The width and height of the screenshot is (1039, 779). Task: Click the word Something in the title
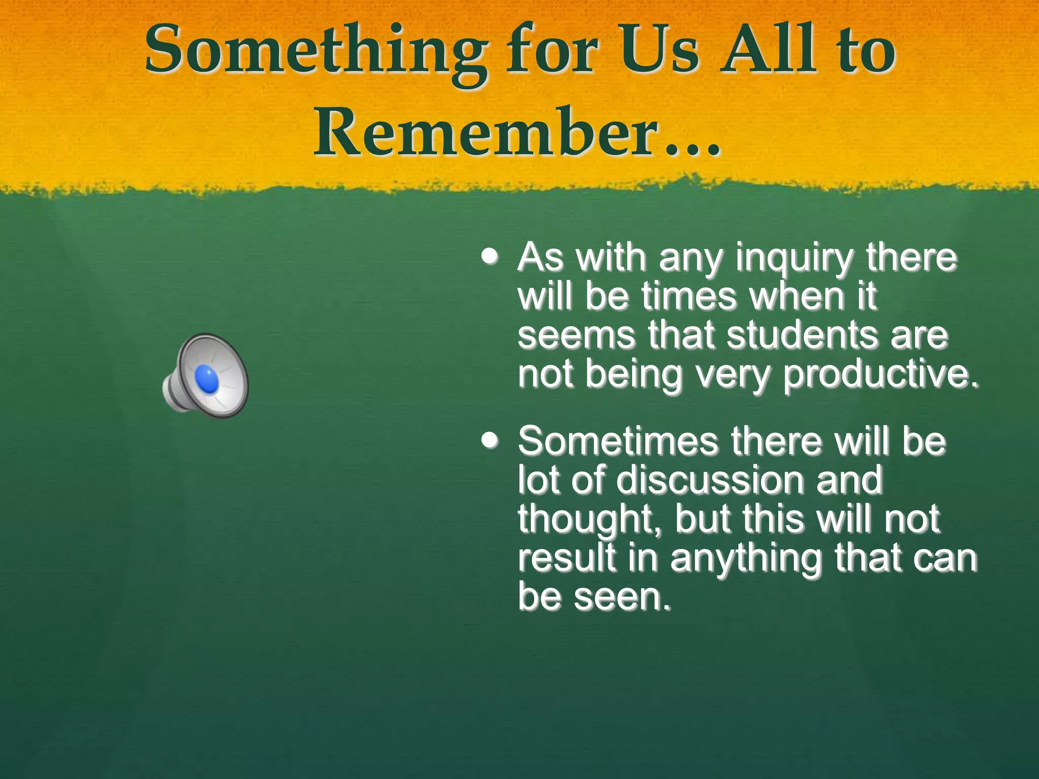315,51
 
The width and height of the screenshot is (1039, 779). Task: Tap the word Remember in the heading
484,133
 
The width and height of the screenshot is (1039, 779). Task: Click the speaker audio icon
206,376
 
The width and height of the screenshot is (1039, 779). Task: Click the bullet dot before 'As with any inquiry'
490,256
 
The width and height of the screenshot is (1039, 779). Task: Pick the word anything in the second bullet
746,558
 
